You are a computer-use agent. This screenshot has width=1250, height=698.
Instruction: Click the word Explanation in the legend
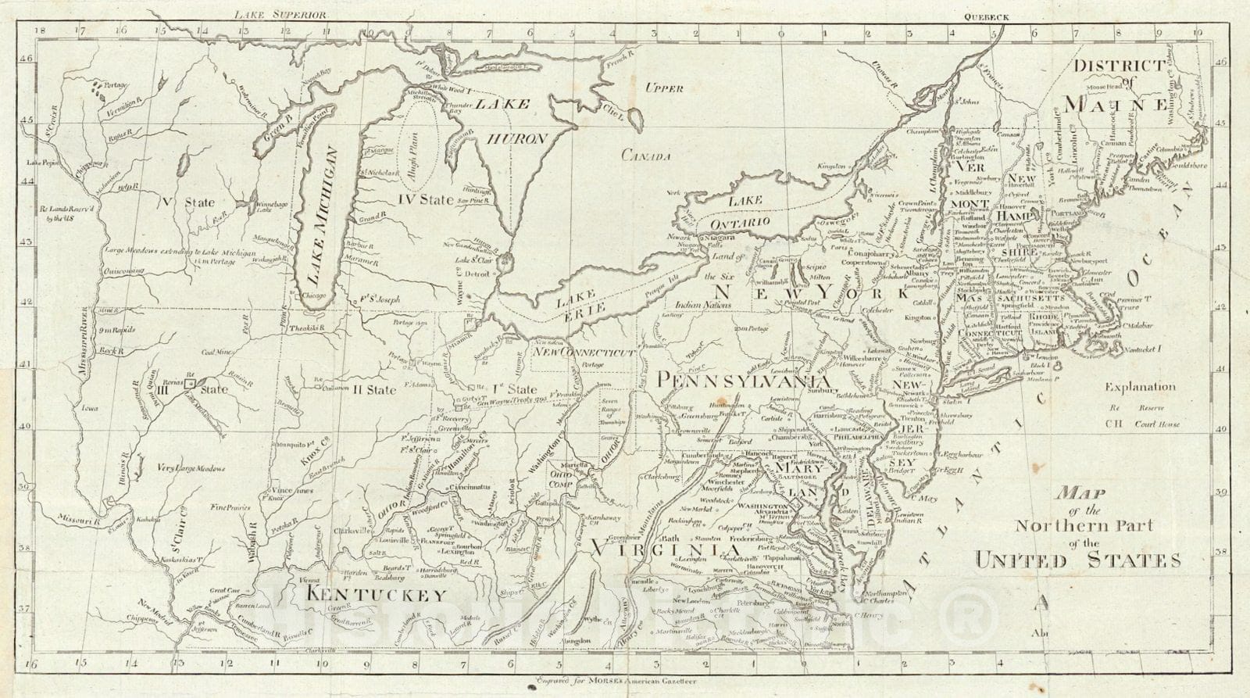pyautogui.click(x=1140, y=386)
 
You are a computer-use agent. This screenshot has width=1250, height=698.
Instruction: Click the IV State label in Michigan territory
pyautogui.click(x=425, y=200)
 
